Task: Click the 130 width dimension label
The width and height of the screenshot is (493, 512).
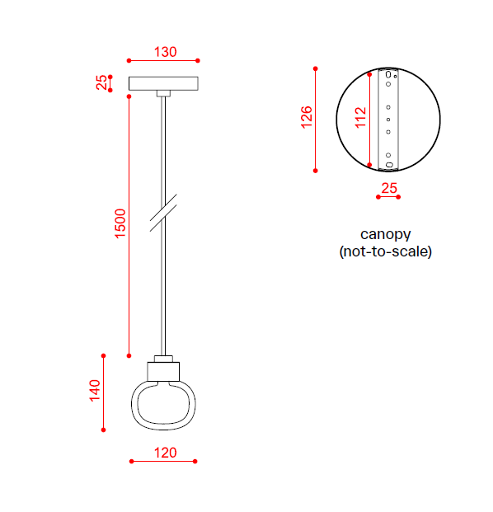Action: [165, 52]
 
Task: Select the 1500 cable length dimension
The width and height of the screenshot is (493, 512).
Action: [120, 223]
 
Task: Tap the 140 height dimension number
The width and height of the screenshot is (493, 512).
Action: [95, 391]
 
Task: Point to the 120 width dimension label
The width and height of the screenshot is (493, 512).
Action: [165, 453]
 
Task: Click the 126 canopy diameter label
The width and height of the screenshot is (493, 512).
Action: [306, 117]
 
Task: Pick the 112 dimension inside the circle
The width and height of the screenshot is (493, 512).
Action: [361, 117]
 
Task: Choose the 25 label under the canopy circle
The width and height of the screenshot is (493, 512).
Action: [389, 189]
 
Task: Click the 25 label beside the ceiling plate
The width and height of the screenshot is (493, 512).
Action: [101, 82]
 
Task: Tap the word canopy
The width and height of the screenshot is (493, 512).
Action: [385, 235]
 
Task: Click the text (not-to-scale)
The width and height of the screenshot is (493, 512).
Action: [386, 251]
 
